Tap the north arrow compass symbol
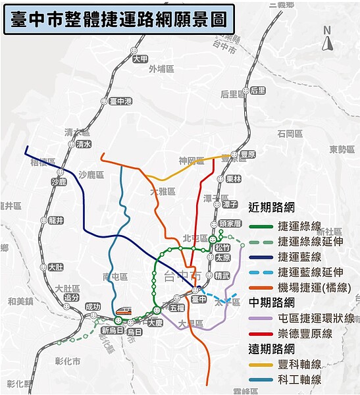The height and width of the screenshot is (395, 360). click(x=327, y=40)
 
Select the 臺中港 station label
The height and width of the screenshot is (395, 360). click(x=121, y=101)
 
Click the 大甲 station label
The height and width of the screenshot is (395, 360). click(x=140, y=59)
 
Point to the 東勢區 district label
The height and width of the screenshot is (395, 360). click(x=342, y=149)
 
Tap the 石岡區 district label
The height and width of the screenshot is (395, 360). click(x=290, y=134)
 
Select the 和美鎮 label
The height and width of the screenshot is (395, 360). click(x=20, y=302)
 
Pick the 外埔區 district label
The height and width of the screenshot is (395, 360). click(x=160, y=68)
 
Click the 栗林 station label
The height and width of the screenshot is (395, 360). click(x=234, y=178)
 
